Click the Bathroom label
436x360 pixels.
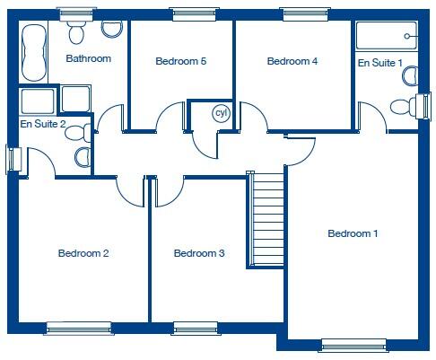88,58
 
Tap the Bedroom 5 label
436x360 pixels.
181,61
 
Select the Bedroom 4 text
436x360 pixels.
292,61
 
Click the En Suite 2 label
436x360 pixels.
43,123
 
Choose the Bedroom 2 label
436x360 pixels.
83,253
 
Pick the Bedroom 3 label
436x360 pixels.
199,253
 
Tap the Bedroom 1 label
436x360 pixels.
353,233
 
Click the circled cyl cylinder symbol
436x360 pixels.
221,114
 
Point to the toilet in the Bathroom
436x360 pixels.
76,32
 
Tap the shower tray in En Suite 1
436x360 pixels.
387,36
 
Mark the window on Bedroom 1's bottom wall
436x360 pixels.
353,344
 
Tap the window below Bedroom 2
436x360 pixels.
78,329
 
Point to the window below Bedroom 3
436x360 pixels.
196,329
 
